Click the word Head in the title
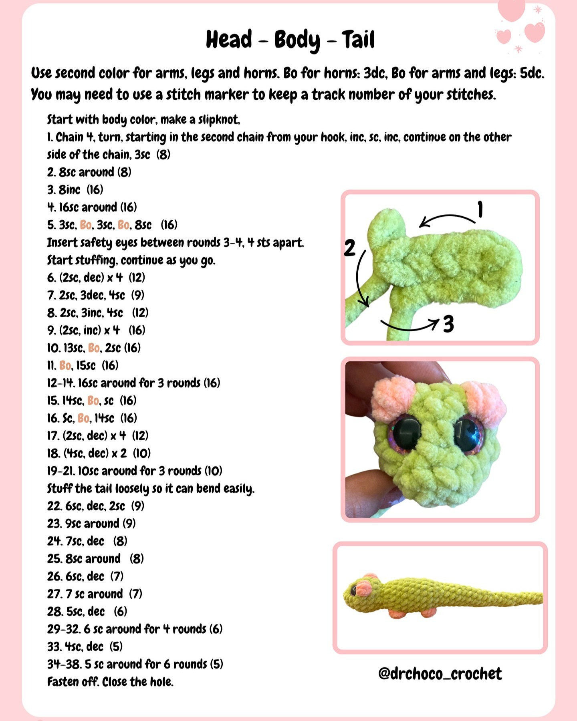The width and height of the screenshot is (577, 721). (x=229, y=39)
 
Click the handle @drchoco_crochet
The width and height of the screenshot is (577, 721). (x=440, y=673)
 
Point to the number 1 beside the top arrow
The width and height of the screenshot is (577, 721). (x=480, y=210)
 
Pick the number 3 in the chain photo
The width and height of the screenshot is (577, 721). (x=448, y=324)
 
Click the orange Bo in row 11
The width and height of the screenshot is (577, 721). (x=65, y=365)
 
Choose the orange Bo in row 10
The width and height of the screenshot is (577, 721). (x=94, y=348)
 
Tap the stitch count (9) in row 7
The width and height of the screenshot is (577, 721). (x=137, y=295)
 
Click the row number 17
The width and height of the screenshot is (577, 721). (x=53, y=435)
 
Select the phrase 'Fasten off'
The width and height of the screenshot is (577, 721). (x=73, y=682)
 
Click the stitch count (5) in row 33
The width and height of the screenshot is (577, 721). (x=116, y=646)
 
